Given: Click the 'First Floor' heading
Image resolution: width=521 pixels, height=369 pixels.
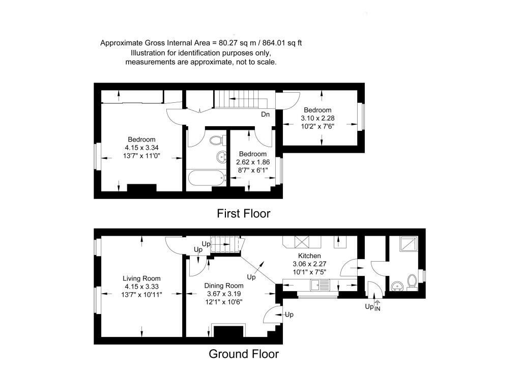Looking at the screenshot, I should [243, 213].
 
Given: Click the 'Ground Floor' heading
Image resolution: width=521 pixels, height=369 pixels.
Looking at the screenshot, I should [244, 354].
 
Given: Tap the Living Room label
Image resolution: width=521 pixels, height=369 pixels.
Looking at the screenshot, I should [141, 278].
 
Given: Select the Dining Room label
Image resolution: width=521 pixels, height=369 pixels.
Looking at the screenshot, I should [223, 286].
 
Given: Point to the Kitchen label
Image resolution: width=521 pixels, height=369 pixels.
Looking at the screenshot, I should [309, 256].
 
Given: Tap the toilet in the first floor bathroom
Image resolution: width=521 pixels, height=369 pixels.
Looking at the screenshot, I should [216, 139].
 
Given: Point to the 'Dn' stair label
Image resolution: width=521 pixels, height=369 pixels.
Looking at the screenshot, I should [265, 115].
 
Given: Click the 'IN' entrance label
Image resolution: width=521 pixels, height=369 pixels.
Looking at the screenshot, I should [377, 309].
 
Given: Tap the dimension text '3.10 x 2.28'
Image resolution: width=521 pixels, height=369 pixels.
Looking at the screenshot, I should [317, 118].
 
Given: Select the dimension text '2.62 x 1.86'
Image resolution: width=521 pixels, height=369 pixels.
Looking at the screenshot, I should [252, 162].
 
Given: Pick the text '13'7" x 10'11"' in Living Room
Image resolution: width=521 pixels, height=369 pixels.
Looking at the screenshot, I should [141, 295].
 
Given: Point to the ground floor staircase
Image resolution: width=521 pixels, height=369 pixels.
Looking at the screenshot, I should [225, 245].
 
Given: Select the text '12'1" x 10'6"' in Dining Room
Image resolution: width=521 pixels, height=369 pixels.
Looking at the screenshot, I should [223, 302].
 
